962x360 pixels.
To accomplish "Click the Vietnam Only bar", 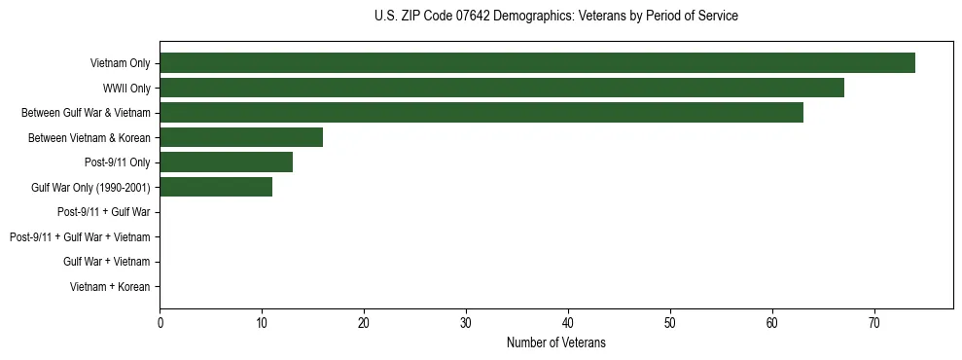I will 537,63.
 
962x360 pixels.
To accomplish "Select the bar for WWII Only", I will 502,88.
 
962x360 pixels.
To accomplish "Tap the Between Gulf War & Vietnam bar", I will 481,113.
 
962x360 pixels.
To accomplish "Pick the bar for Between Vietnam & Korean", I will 241,137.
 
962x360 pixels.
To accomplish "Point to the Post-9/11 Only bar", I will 226,162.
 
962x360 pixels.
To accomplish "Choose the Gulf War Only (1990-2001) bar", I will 216,187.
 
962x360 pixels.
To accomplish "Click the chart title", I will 555,17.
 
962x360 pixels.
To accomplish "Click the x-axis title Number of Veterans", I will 555,342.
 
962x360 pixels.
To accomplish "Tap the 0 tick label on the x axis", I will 160,323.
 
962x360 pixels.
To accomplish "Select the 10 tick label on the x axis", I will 262,323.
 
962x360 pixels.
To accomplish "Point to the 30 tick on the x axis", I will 466,323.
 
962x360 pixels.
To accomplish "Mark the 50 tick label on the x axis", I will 670,323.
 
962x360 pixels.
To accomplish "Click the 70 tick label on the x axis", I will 874,323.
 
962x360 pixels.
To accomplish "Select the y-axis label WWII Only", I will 126,89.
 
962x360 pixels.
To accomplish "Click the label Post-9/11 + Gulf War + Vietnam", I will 80,237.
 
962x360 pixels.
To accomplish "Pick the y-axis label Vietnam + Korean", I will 110,287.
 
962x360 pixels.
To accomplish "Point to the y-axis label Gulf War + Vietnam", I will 106,262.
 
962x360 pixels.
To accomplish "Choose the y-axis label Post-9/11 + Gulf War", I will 103,212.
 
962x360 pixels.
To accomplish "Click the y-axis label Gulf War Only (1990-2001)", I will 90,188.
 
